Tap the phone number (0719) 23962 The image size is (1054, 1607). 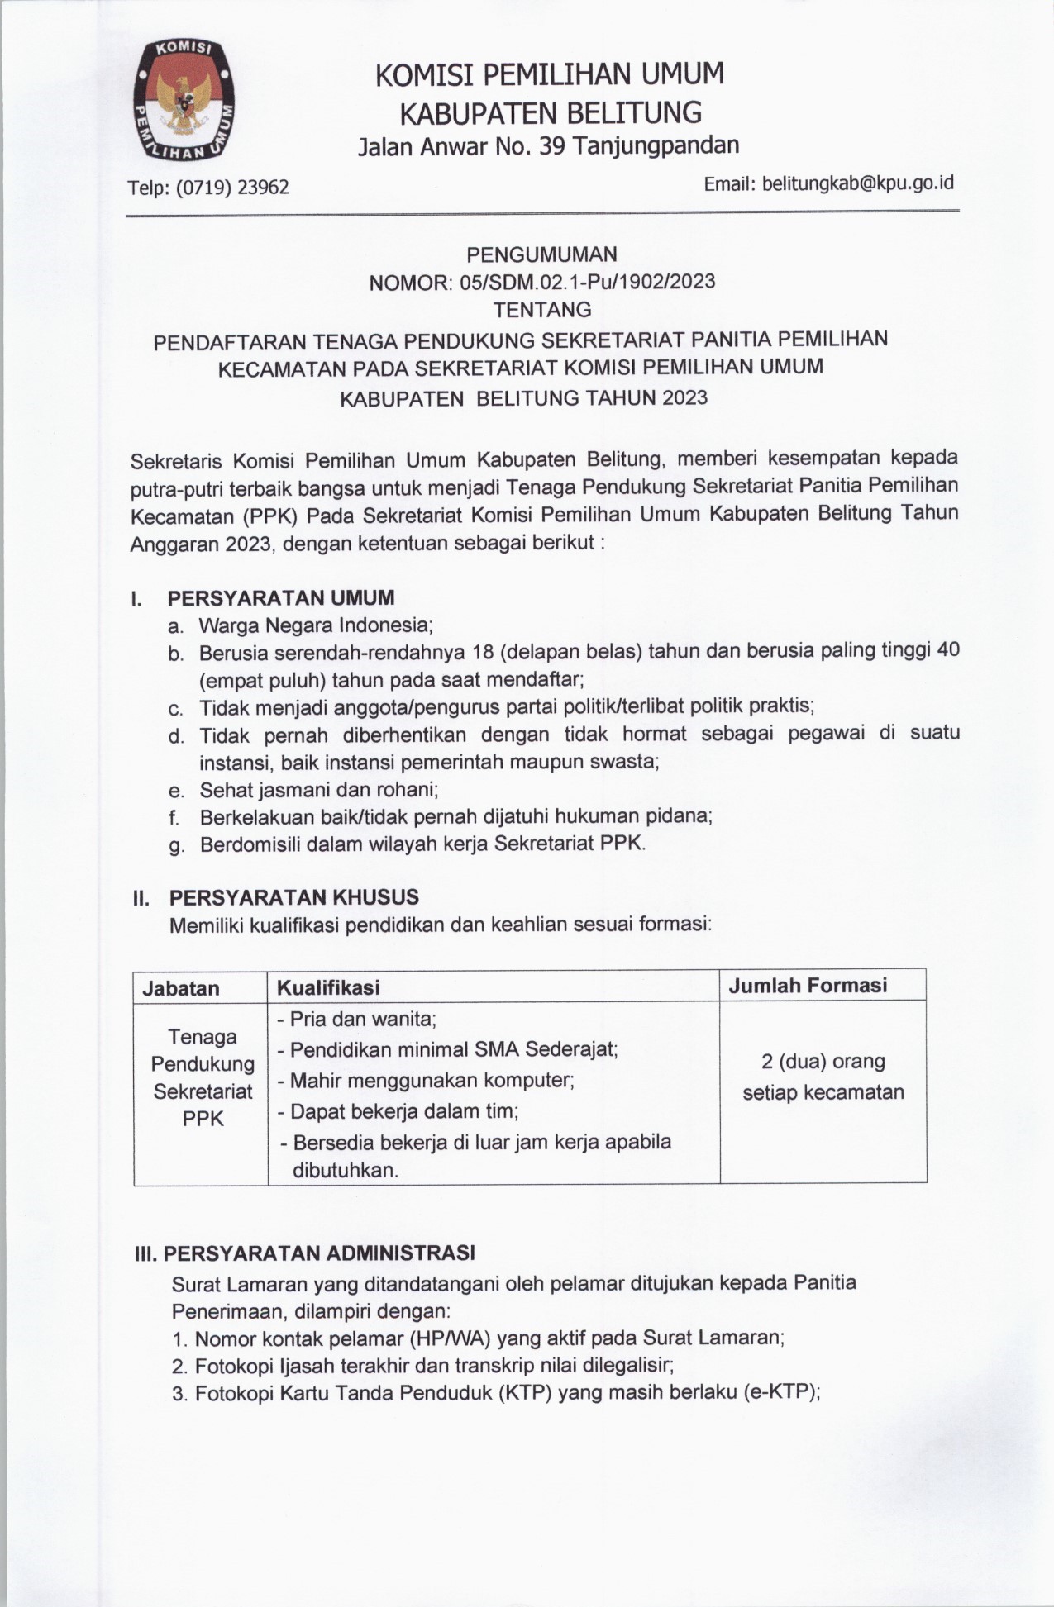(236, 188)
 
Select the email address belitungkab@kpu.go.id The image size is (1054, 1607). (857, 183)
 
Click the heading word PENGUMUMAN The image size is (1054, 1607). (541, 254)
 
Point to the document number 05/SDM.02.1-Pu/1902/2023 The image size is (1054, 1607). (587, 282)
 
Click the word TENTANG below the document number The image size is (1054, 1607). (542, 310)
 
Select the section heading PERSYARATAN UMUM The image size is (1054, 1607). (281, 597)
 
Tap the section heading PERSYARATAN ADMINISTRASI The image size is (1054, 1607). (318, 1253)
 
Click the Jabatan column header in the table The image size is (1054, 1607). (181, 987)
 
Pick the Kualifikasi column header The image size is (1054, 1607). (328, 987)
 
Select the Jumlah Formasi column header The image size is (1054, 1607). (807, 985)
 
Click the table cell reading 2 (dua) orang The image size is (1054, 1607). (823, 1061)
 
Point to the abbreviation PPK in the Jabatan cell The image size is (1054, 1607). (203, 1119)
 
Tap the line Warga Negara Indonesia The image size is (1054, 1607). (316, 625)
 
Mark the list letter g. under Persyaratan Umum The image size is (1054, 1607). (175, 845)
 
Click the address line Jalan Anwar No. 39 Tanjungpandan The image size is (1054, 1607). (548, 146)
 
